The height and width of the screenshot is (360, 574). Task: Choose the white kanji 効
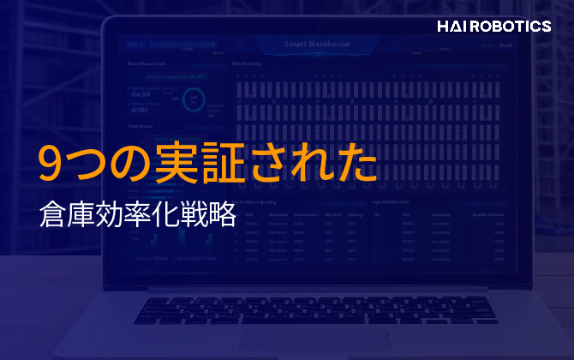[109, 214]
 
